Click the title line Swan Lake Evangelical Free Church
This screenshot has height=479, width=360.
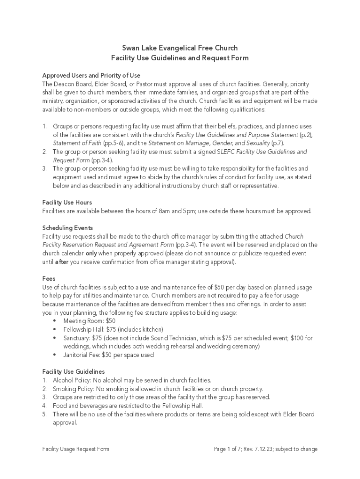(x=180, y=48)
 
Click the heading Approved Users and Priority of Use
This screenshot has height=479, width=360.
(x=91, y=75)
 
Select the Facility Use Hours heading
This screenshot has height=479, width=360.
(x=67, y=203)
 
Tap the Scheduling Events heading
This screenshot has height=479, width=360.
(x=67, y=228)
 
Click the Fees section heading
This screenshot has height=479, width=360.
(x=49, y=278)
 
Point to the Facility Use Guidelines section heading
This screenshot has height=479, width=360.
(x=73, y=371)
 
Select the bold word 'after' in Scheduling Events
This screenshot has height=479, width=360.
(x=62, y=262)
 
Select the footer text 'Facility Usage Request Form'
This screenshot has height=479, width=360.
(x=76, y=449)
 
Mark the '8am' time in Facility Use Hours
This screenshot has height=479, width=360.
(x=164, y=211)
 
